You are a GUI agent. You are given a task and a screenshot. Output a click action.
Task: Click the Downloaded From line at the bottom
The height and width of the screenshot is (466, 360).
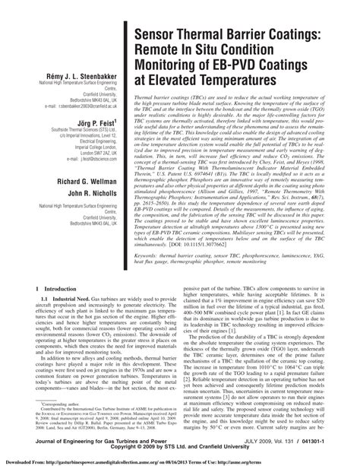click(x=180, y=461)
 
